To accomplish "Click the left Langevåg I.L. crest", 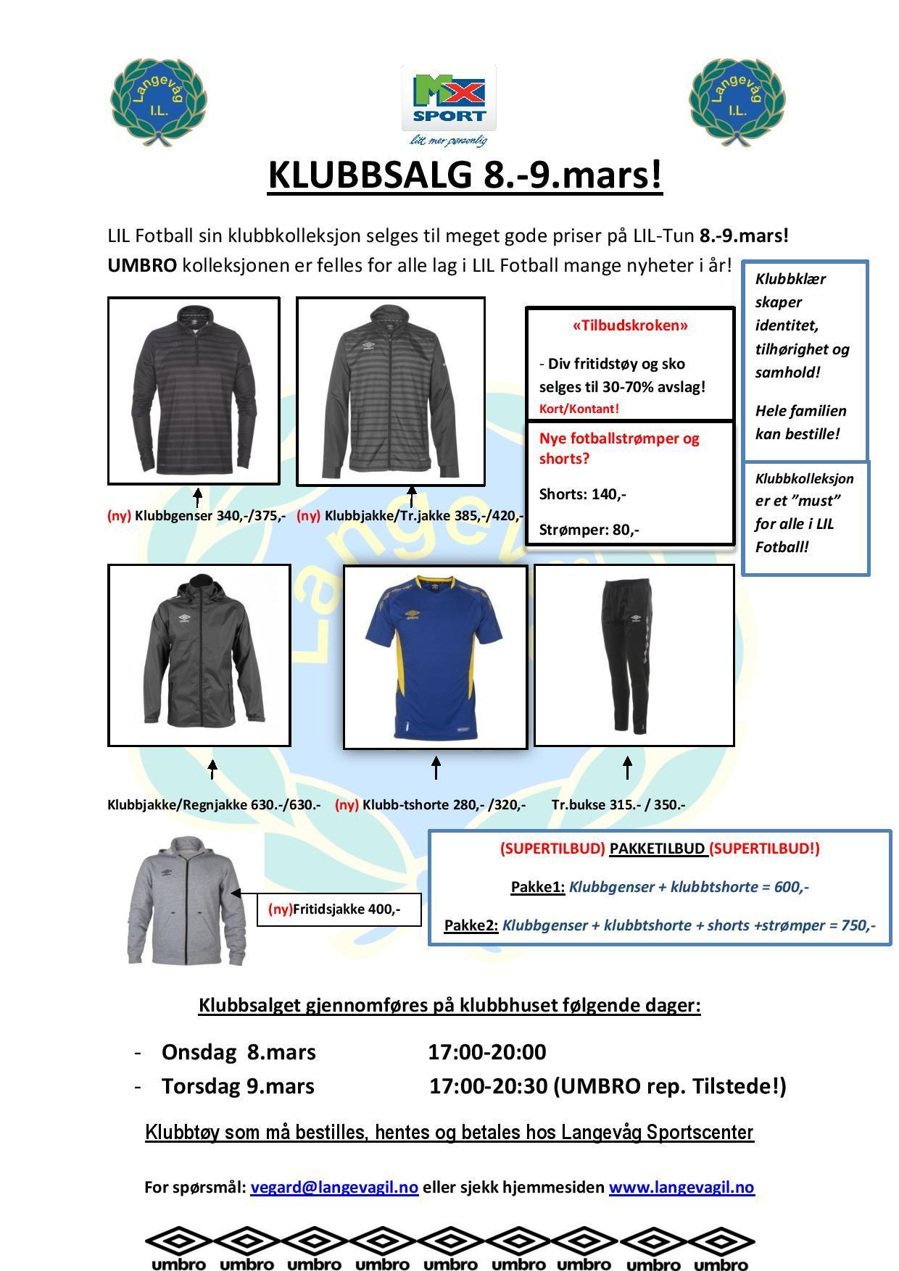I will click(x=159, y=103).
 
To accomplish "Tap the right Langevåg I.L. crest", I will click(x=737, y=103).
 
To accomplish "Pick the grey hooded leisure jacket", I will click(x=178, y=901).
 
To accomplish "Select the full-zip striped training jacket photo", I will click(x=390, y=391).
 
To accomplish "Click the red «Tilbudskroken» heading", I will click(x=630, y=325).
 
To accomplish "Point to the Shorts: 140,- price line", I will click(x=583, y=494).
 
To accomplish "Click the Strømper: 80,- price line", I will click(x=589, y=530).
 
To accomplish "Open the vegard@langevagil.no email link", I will click(x=334, y=1187).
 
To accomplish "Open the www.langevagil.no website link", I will click(x=681, y=1187).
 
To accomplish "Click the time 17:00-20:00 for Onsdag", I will click(x=486, y=1051).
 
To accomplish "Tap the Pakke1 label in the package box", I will click(x=537, y=886).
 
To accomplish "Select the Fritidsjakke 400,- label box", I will click(x=339, y=909).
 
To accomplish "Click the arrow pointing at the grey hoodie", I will click(x=244, y=893).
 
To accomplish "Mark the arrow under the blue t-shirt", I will click(x=436, y=767).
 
